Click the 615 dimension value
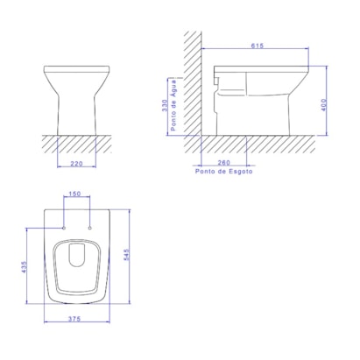click(x=258, y=46)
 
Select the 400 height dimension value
click(x=323, y=105)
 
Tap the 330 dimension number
click(x=165, y=105)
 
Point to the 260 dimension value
click(x=223, y=162)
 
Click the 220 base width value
click(x=76, y=164)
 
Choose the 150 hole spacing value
click(x=74, y=194)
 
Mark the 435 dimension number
click(x=25, y=267)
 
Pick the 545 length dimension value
click(x=126, y=255)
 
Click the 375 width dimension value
click(x=74, y=319)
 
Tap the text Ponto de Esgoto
click(x=223, y=171)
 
